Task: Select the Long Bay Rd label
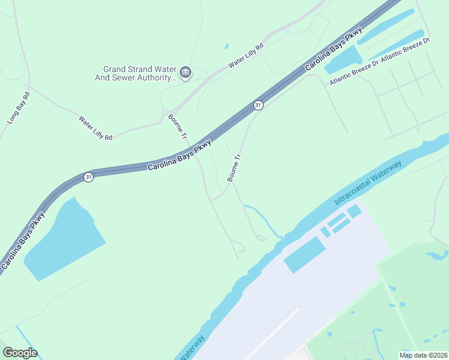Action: [x=19, y=108]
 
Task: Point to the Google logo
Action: [x=20, y=353]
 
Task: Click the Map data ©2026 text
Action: [x=423, y=355]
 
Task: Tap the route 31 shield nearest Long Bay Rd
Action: [x=88, y=178]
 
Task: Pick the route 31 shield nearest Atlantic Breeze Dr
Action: [x=258, y=105]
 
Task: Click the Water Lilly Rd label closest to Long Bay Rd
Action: [x=95, y=128]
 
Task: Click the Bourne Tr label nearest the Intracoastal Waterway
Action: [x=234, y=167]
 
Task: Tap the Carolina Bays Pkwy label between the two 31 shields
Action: [x=179, y=155]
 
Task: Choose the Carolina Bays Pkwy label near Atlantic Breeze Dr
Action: [x=333, y=49]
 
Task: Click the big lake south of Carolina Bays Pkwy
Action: [x=60, y=240]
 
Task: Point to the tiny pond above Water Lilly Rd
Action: [x=226, y=46]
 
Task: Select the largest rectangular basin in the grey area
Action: [x=304, y=254]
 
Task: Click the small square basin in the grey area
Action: [x=355, y=211]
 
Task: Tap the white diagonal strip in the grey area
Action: [x=273, y=333]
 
